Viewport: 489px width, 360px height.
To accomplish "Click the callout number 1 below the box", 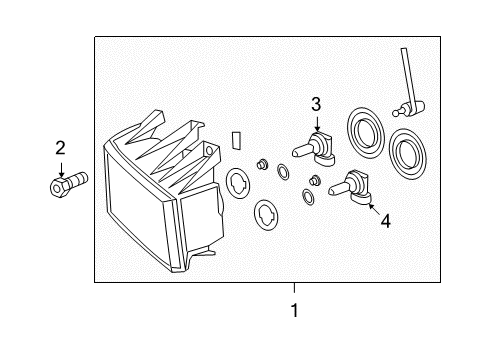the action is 295,310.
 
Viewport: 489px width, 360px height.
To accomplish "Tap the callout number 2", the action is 60,148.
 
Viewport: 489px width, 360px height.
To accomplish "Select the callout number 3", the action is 316,104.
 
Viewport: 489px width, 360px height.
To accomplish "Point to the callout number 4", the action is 385,221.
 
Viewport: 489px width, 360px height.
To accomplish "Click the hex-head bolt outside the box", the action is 68,184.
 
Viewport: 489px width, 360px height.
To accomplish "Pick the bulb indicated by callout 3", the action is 314,149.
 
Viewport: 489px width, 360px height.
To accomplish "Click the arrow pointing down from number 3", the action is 317,124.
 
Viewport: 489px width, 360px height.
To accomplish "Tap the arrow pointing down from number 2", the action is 61,170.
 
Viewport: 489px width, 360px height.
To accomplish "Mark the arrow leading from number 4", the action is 374,209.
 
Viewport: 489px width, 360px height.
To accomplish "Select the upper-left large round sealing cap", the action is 366,133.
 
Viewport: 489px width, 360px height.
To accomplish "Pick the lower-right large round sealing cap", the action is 407,154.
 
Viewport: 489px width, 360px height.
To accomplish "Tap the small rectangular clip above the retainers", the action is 236,140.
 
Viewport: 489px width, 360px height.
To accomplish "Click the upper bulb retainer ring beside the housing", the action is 238,183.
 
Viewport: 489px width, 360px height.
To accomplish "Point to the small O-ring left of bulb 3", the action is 282,171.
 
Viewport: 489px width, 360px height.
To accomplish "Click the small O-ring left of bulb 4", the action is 308,197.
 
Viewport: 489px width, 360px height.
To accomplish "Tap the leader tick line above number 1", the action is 294,288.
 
